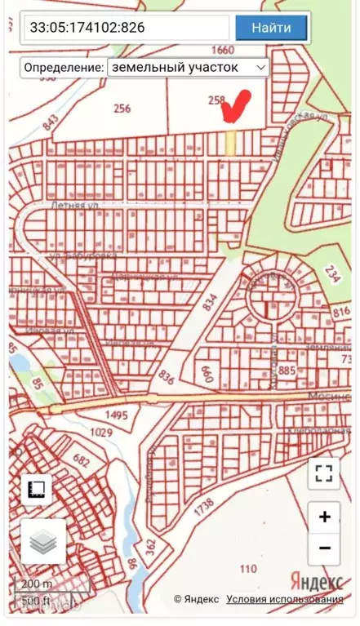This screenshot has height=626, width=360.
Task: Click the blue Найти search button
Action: pos(271,28)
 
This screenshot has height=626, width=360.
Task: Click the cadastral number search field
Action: pos(126,28)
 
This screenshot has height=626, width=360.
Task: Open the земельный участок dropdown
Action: pos(188,67)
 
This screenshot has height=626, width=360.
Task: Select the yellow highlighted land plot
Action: pos(231,142)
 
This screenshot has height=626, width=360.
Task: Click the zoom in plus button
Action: pos(324,516)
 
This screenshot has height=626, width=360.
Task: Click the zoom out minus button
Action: pos(324,548)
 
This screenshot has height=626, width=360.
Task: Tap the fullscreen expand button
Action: pos(324,473)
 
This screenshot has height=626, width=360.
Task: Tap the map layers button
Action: pos(42,541)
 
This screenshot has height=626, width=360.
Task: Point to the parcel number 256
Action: pos(122,108)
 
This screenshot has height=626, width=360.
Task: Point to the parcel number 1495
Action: pos(117,415)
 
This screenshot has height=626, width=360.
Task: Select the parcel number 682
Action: pos(81,460)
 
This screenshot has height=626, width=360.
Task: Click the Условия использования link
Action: pos(285,600)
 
